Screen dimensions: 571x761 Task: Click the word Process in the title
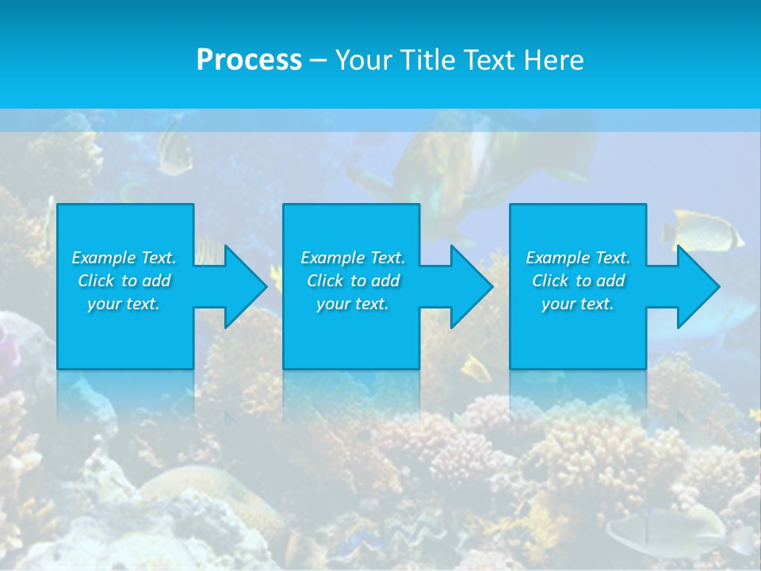tap(249, 59)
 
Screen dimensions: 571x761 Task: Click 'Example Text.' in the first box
tap(124, 258)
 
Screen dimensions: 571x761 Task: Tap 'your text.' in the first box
tap(124, 304)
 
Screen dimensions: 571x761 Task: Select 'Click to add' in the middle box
tap(353, 281)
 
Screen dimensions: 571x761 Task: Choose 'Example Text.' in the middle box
tap(353, 258)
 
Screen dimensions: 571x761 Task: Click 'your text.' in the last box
tap(578, 304)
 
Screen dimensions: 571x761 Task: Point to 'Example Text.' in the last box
tap(578, 258)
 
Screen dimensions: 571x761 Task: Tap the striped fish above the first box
tap(173, 151)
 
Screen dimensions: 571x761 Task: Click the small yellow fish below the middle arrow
tap(476, 368)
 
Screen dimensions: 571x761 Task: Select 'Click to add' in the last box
tap(578, 281)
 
